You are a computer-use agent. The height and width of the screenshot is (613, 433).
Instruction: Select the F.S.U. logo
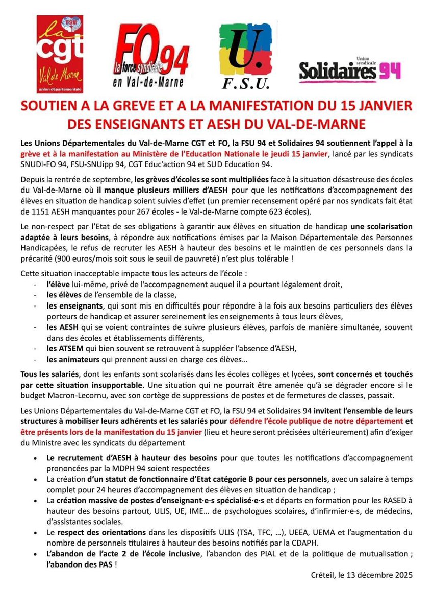[x=247, y=56]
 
